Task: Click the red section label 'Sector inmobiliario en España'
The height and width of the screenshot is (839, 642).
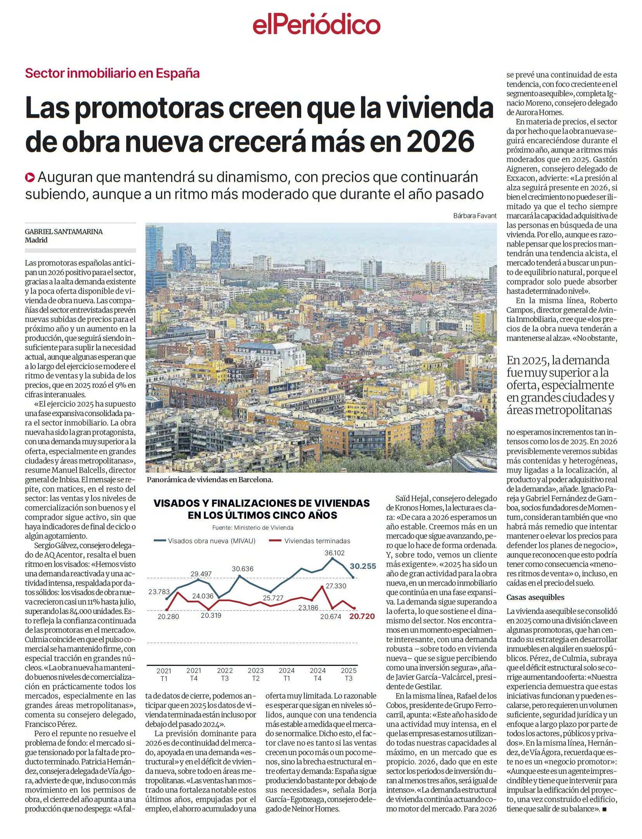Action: tap(112, 73)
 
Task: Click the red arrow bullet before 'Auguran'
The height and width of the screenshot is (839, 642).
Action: tap(30, 178)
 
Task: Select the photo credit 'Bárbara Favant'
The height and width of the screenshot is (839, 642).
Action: tap(474, 216)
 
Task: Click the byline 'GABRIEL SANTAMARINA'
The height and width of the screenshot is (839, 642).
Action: tap(64, 232)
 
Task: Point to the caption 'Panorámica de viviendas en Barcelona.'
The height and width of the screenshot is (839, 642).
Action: tap(210, 480)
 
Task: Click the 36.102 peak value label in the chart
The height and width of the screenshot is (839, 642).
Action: tap(334, 553)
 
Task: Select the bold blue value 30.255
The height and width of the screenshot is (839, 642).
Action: tap(363, 566)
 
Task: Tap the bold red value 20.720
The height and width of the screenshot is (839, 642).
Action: tap(362, 617)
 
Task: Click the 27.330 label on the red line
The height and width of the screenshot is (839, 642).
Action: tap(336, 586)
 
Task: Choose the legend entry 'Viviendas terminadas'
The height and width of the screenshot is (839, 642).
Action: tap(317, 541)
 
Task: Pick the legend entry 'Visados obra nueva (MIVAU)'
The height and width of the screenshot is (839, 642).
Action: tap(212, 541)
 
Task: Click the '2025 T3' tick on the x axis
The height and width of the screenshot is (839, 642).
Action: tap(349, 674)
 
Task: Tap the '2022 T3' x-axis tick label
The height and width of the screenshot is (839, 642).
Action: tap(225, 674)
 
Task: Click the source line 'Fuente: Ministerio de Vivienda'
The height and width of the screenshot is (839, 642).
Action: tap(253, 528)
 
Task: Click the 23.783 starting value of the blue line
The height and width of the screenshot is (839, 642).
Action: tap(159, 592)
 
